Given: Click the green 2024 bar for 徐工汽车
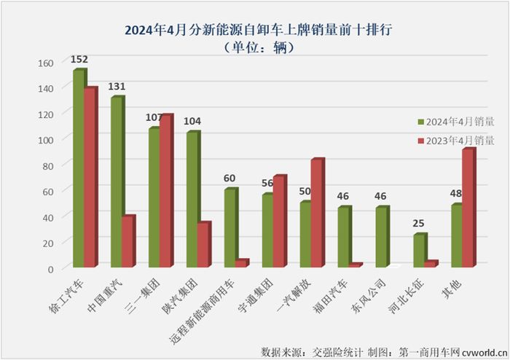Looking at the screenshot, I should pos(78,169).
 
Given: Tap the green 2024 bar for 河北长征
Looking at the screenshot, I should pos(419,251).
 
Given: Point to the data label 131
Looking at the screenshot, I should pos(117,87).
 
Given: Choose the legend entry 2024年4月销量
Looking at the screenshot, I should pos(455,122).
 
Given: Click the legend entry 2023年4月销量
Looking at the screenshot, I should pos(455,141).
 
